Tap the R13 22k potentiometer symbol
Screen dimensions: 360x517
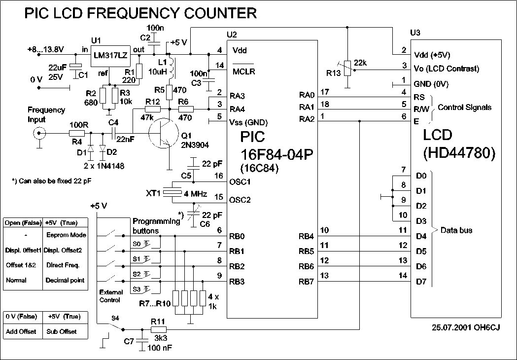[x=348, y=69]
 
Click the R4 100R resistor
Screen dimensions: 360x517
[x=77, y=133]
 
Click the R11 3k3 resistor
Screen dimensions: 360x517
[x=159, y=329]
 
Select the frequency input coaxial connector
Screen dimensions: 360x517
[x=40, y=133]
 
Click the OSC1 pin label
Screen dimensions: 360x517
[x=241, y=181]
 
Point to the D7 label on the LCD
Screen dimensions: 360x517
[x=420, y=282]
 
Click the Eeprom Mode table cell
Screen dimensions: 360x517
[x=66, y=235]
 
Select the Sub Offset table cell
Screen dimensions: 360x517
[x=61, y=331]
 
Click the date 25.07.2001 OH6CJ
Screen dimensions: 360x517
[x=466, y=327]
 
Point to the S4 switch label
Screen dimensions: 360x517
[x=115, y=318]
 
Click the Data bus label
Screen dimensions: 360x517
[x=456, y=230]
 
